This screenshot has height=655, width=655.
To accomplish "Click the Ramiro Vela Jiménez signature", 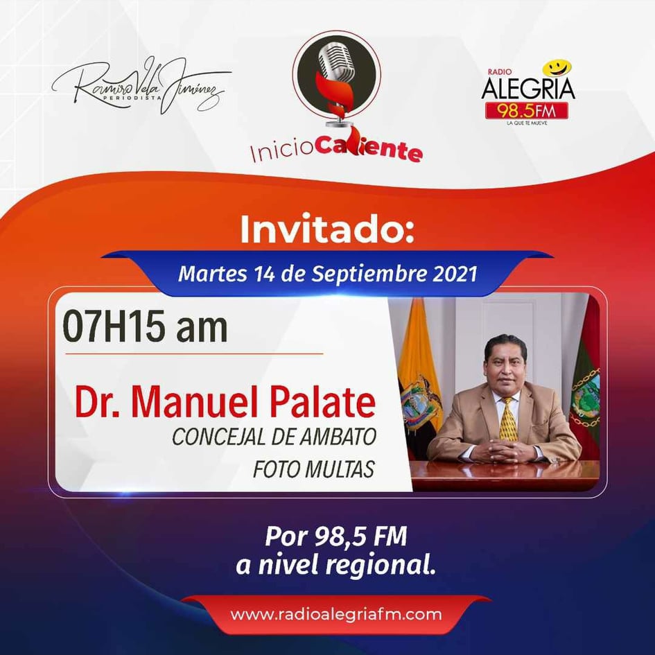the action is click(x=141, y=87).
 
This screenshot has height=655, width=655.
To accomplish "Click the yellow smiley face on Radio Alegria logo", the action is click(x=557, y=68).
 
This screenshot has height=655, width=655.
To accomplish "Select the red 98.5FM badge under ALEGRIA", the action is click(x=526, y=111).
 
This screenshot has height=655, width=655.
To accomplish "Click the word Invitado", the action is click(x=327, y=229).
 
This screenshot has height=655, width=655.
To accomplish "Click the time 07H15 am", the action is click(x=145, y=326).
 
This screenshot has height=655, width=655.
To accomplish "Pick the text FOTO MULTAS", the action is click(x=314, y=469).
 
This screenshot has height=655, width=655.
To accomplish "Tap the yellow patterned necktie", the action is click(x=508, y=419).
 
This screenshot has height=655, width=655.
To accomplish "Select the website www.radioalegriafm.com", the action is click(x=336, y=615).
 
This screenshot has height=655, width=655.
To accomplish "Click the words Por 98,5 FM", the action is click(x=336, y=536).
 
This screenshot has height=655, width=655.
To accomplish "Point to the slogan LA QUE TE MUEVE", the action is click(x=527, y=123).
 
